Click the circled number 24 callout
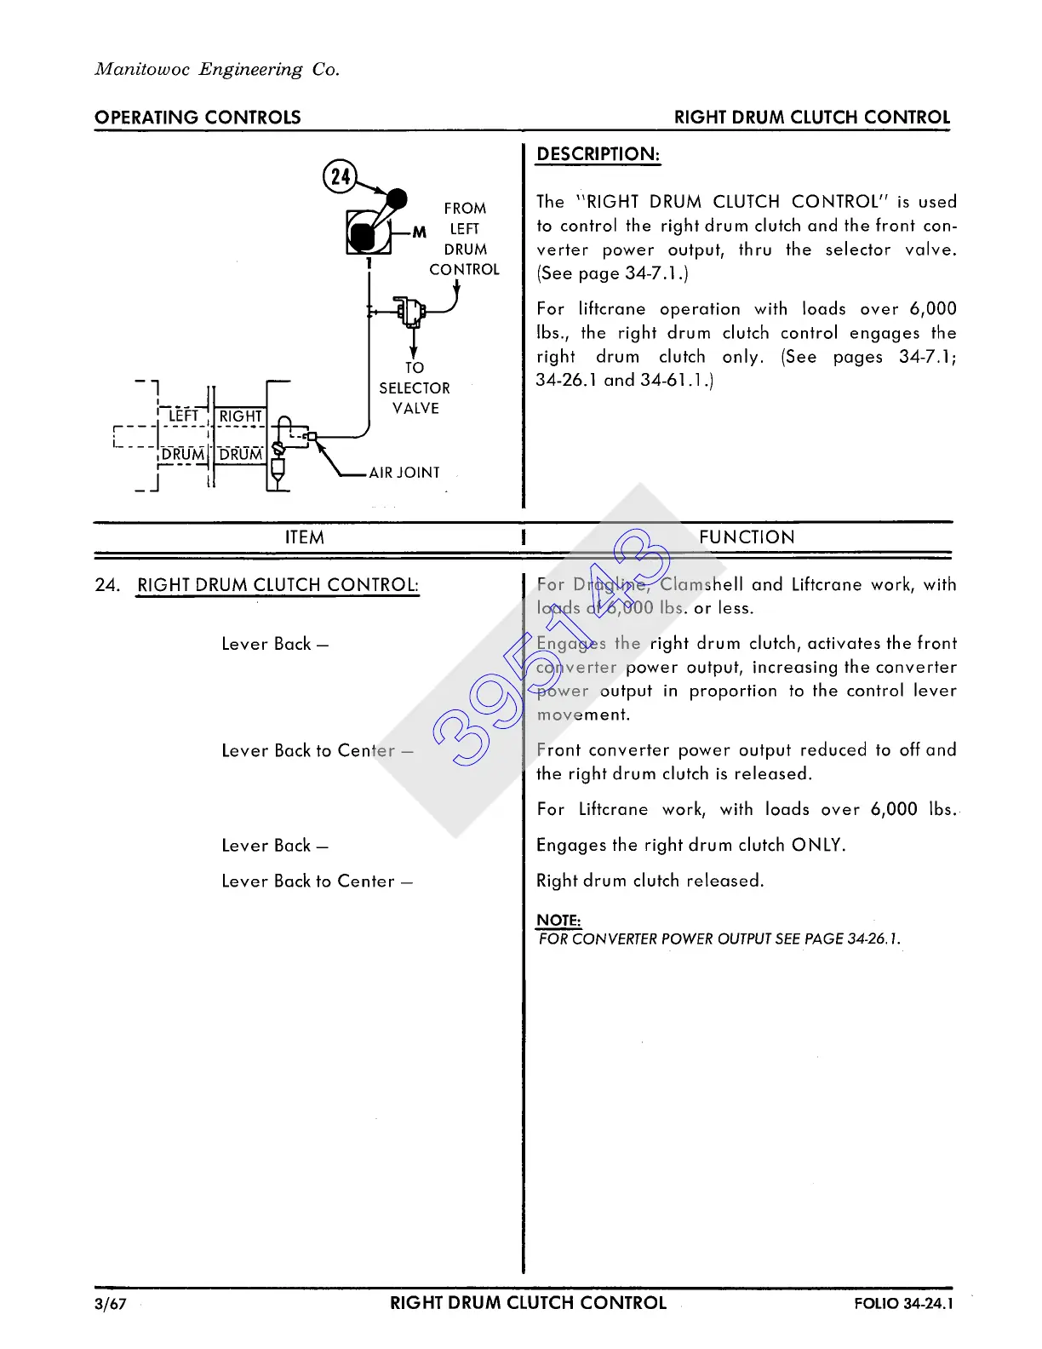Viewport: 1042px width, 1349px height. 341,176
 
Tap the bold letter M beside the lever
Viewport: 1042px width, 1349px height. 419,232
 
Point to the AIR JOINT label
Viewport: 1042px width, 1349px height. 404,473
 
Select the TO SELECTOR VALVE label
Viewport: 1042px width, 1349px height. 415,388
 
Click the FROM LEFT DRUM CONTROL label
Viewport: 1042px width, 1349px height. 465,239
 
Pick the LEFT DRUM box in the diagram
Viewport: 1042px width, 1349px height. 183,435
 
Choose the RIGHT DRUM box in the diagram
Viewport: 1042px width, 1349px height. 241,435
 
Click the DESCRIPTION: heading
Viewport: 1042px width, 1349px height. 598,155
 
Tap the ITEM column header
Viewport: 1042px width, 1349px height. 305,537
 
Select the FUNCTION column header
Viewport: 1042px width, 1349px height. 747,537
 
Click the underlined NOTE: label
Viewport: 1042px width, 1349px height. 558,921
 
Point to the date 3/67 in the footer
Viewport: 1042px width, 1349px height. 111,1304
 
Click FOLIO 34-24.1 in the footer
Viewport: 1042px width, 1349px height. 904,1304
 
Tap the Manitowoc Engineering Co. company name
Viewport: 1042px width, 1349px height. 217,70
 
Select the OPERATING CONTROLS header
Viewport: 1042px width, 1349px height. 198,118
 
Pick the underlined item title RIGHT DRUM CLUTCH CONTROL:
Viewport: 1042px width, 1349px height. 278,585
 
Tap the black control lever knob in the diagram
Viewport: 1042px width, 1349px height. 397,199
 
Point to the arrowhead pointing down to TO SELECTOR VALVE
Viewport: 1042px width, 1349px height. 414,353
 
